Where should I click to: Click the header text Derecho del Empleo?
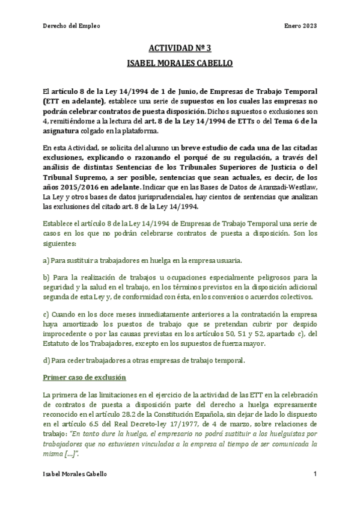(x=72, y=26)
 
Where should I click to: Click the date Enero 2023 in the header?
(x=301, y=26)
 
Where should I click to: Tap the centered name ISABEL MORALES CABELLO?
(x=180, y=63)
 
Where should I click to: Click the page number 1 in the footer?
(x=315, y=475)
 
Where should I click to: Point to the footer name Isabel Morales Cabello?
(x=76, y=475)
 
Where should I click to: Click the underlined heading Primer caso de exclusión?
(x=85, y=377)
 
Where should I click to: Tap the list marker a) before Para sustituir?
(x=46, y=260)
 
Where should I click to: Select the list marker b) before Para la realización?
(x=46, y=277)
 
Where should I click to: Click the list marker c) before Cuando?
(x=46, y=315)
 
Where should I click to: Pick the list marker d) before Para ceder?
(x=46, y=360)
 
